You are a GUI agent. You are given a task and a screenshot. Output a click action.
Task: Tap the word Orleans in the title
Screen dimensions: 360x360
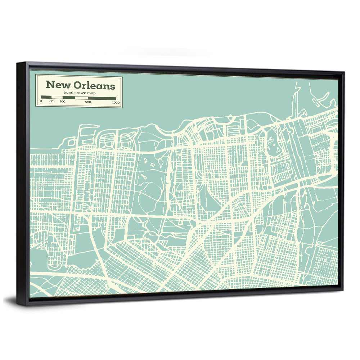(x=94, y=85)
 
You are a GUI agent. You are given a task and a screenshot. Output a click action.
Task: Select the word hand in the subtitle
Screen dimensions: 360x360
(x=68, y=93)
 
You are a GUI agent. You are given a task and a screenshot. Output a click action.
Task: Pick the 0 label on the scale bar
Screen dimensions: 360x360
(x=41, y=102)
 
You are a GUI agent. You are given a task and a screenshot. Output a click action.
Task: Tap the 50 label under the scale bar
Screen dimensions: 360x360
(x=51, y=102)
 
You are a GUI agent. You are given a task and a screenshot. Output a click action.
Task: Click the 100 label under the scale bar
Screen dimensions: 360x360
(x=63, y=102)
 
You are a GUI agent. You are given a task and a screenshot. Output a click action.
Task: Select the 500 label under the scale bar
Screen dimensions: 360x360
(x=88, y=102)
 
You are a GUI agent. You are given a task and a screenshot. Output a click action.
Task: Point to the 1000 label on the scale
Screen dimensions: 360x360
(x=116, y=103)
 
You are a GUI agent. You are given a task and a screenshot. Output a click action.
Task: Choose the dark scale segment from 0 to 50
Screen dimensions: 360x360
(x=46, y=97)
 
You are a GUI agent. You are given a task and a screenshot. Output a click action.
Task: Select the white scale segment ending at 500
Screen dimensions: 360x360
(x=81, y=98)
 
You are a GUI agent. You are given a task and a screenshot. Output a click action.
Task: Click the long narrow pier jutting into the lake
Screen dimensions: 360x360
(x=294, y=103)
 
